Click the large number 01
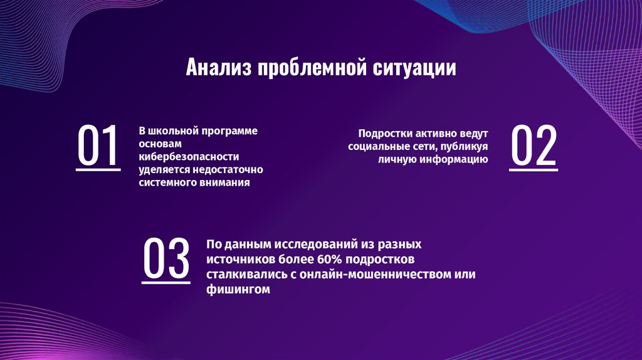(98, 146)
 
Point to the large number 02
(533, 146)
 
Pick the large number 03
(166, 259)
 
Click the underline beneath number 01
(98, 169)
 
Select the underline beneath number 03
(166, 282)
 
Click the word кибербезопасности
(189, 157)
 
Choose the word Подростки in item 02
(383, 134)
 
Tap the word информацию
(453, 159)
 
